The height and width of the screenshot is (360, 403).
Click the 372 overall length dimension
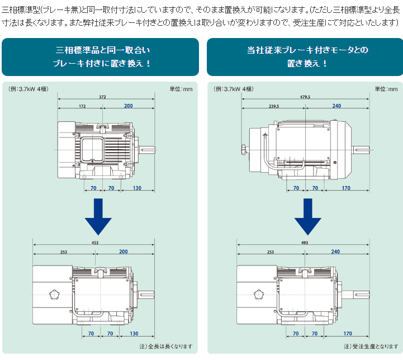click(102, 97)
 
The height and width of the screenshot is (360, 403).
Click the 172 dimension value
click(82, 106)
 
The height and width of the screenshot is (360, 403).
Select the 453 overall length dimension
click(95, 243)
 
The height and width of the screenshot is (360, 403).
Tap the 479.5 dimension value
click(305, 97)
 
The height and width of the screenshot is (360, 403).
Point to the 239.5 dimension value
click(273, 106)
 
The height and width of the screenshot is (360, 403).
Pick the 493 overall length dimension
click(305, 243)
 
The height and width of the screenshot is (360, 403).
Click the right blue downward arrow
click(307, 217)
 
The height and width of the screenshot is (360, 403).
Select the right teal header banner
click(305, 56)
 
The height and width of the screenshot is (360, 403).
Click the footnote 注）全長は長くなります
click(165, 346)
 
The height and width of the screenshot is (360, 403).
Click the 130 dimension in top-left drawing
click(137, 188)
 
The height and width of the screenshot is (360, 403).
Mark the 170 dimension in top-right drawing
click(346, 188)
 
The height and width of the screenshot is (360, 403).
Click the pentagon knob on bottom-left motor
click(54, 294)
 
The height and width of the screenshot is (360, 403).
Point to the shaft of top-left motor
click(148, 149)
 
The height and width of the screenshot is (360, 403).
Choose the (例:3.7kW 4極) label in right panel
click(234, 89)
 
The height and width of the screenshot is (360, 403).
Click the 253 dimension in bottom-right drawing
click(271, 252)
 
